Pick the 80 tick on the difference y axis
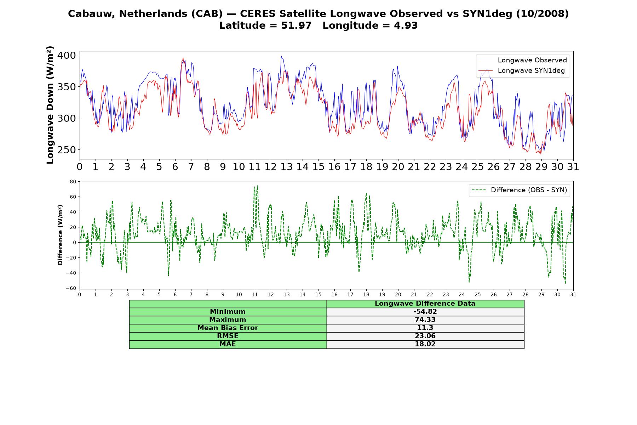[73, 182]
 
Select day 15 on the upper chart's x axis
[318, 167]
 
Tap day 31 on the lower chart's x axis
[573, 294]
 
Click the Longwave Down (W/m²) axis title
[50, 105]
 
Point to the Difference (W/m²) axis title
[60, 235]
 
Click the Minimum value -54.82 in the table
[425, 312]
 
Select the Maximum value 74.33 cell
[425, 320]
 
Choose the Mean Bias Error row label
[228, 328]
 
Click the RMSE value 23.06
[425, 336]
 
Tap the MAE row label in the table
[228, 344]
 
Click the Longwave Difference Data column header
[425, 304]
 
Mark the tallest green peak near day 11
[257, 186]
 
